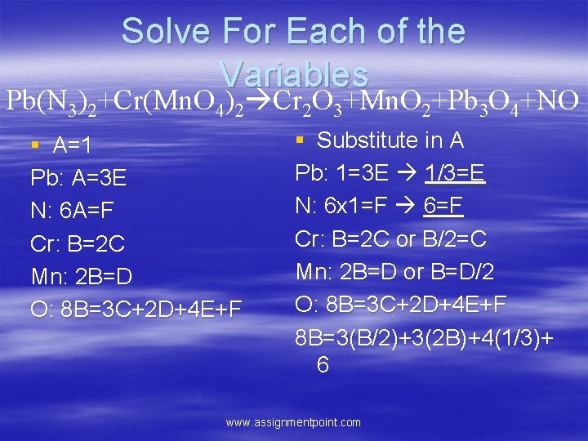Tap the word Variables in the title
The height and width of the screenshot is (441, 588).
click(294, 74)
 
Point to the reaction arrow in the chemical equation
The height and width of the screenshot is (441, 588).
click(258, 100)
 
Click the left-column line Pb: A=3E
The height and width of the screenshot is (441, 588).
click(78, 178)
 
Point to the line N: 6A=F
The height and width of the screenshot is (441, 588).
click(72, 211)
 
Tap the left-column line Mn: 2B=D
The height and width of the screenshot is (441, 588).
click(81, 276)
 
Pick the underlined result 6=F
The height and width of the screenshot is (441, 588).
click(443, 206)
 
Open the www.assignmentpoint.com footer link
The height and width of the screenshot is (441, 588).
click(293, 422)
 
